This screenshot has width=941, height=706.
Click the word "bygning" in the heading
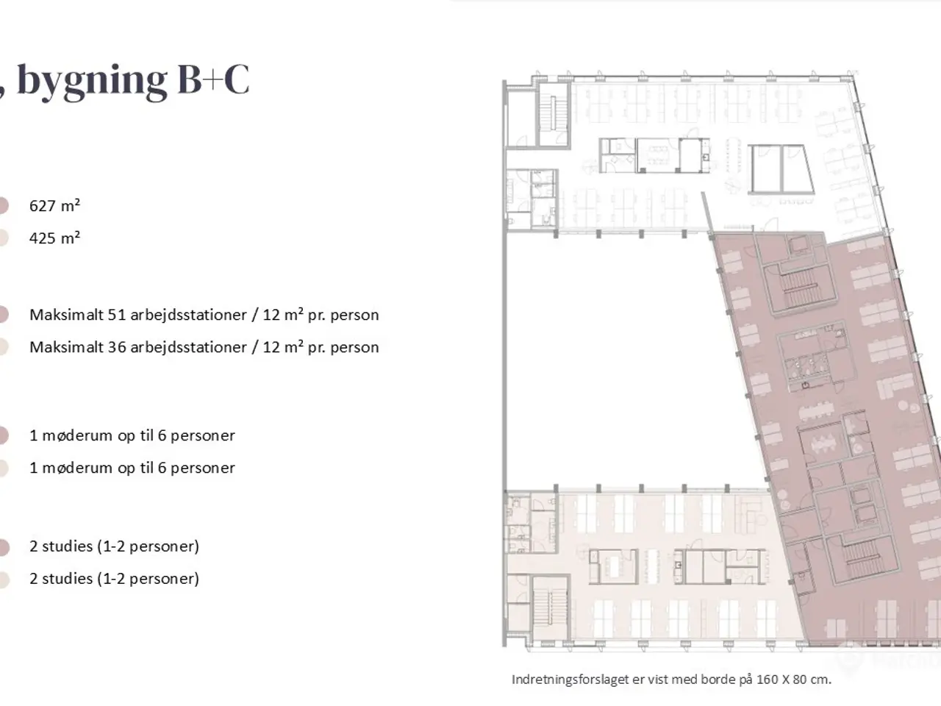[92, 82]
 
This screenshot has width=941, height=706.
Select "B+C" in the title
[213, 79]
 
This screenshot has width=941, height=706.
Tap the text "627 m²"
[54, 206]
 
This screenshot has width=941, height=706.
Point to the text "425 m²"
[54, 238]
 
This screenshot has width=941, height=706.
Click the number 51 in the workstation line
[116, 315]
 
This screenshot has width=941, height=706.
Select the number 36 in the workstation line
[116, 347]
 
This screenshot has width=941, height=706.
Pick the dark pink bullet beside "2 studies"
[3, 547]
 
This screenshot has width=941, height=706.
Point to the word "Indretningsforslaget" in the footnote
[571, 680]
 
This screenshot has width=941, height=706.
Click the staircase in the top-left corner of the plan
[553, 114]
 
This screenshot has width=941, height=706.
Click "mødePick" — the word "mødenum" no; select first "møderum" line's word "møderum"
[79, 435]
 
